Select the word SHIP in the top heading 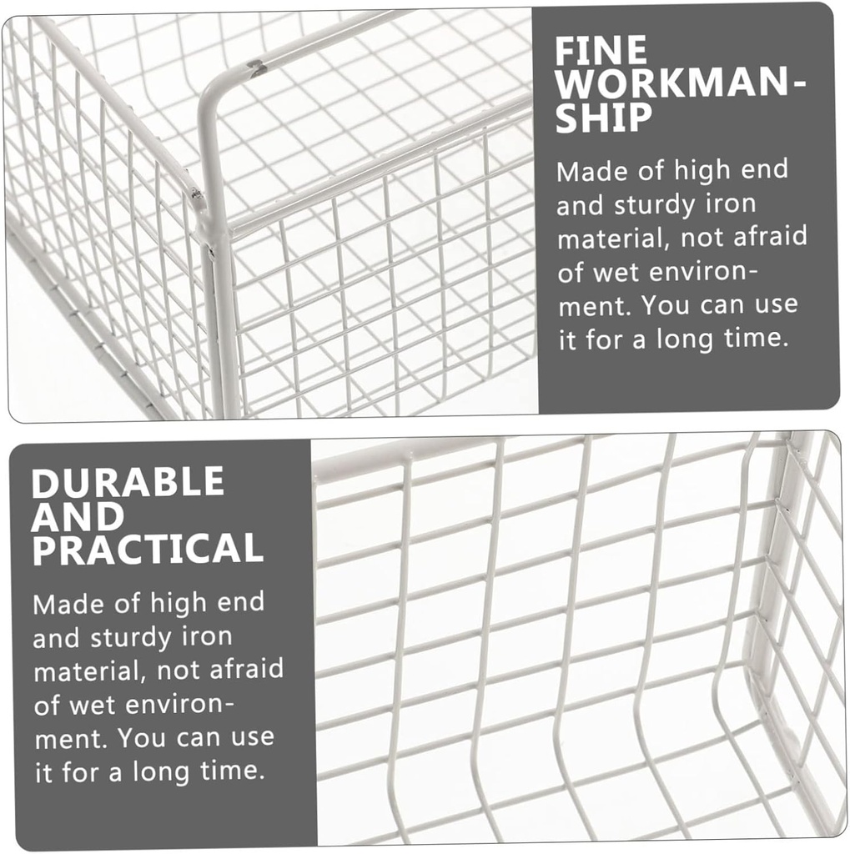click(604, 117)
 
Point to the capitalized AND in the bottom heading click(78, 515)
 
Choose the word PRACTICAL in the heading click(148, 549)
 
